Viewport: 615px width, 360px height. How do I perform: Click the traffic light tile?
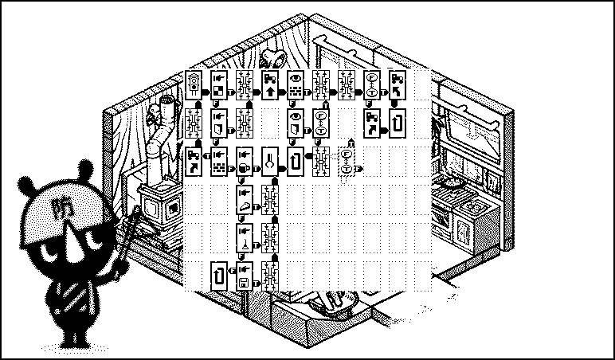pyautogui.click(x=194, y=85)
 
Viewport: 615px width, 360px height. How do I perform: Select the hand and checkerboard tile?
pyautogui.click(x=219, y=85)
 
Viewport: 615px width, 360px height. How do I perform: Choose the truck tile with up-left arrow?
pyautogui.click(x=398, y=85)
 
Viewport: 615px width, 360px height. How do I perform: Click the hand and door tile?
pyautogui.click(x=219, y=122)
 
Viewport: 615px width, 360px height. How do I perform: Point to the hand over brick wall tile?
pyautogui.click(x=219, y=158)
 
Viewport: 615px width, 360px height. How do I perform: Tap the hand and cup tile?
pyautogui.click(x=245, y=158)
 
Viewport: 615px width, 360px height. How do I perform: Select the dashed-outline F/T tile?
pyautogui.click(x=347, y=158)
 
